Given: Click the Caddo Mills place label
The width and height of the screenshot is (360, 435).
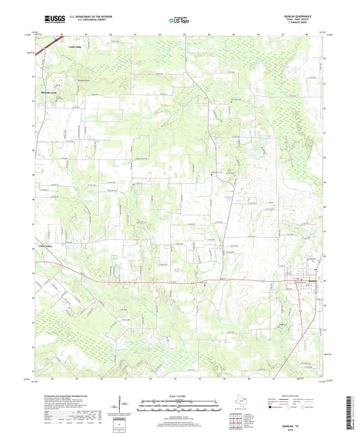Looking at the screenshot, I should [x=56, y=47].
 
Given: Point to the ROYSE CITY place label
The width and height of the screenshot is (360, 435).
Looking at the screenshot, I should [x=48, y=86].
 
